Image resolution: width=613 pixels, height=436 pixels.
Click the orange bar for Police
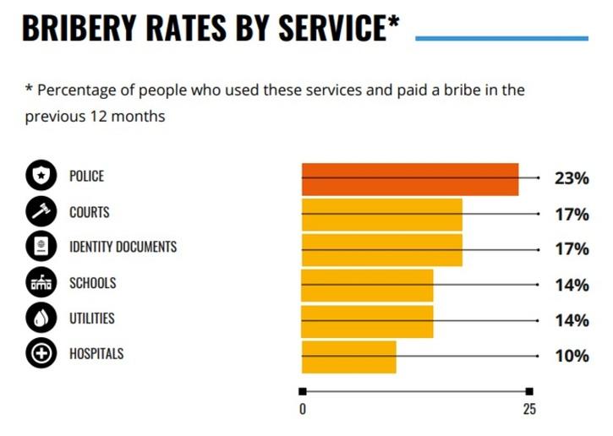click(410, 178)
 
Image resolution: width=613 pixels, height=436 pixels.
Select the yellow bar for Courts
click(382, 214)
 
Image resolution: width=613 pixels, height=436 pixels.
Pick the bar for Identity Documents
click(382, 249)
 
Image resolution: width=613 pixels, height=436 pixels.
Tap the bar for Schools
click(368, 286)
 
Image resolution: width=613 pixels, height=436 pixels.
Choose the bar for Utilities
click(368, 321)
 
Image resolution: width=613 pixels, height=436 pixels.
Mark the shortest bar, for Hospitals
click(349, 357)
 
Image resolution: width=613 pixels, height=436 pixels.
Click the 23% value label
click(572, 178)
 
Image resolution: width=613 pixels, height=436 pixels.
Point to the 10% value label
click(572, 357)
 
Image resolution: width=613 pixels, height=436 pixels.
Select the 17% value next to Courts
click(572, 215)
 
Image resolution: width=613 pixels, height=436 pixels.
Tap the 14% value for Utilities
click(572, 321)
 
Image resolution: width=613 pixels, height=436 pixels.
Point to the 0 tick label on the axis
click(303, 411)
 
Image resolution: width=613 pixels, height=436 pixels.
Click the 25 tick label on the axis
click(529, 411)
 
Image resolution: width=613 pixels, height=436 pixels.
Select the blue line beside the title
click(502, 38)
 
